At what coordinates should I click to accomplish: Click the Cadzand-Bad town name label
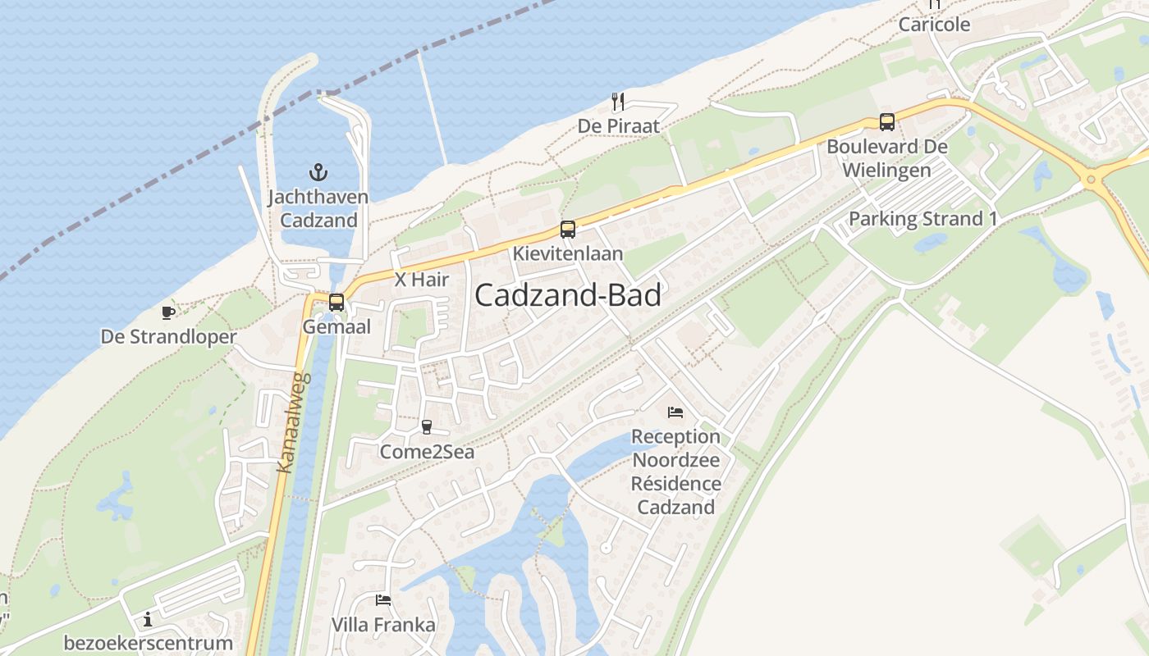click(x=568, y=296)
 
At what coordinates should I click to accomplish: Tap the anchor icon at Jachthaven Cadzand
click(x=318, y=172)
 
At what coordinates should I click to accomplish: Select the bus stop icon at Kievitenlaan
click(x=568, y=230)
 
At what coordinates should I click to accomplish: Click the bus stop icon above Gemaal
click(x=336, y=302)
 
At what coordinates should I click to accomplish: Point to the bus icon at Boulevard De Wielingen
click(x=887, y=122)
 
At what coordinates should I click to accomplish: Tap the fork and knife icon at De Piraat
click(x=619, y=102)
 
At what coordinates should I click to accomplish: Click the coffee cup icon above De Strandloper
click(x=168, y=312)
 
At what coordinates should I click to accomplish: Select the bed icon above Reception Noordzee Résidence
click(x=675, y=412)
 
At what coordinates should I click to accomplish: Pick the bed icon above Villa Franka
click(x=383, y=600)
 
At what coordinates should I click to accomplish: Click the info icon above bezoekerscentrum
click(x=148, y=619)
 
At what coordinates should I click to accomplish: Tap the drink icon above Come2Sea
click(x=426, y=426)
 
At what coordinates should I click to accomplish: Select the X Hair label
click(x=422, y=280)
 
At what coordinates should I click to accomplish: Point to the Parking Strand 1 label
click(x=922, y=219)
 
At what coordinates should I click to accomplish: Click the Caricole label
click(x=934, y=25)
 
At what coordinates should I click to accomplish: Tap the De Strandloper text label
click(x=168, y=337)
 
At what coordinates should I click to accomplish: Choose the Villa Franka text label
click(x=383, y=625)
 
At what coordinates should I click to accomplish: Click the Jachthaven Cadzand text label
click(x=318, y=209)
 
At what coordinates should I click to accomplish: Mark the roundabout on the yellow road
click(x=1091, y=179)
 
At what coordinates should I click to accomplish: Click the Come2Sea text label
click(x=427, y=452)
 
